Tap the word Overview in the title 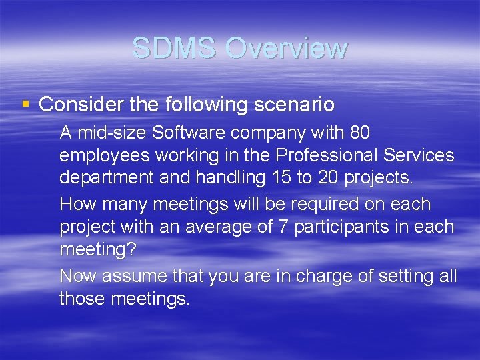coord(286,48)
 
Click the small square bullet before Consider coord(26,104)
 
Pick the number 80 coord(359,133)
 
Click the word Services coord(418,156)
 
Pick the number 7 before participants coord(283,227)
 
